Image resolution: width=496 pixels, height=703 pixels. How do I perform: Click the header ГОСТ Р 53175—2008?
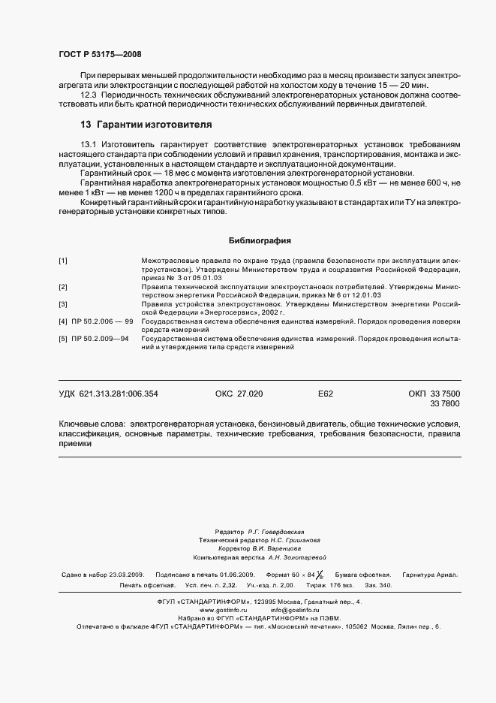pyautogui.click(x=100, y=54)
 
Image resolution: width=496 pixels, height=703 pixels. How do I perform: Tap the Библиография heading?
pyautogui.click(x=260, y=240)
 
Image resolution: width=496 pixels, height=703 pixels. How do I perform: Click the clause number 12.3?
pyautogui.click(x=91, y=95)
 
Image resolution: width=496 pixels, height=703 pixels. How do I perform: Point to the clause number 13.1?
pyautogui.click(x=91, y=143)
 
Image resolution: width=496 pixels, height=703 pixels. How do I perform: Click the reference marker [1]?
pyautogui.click(x=64, y=260)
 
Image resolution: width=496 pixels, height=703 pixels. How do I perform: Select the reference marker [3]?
pyautogui.click(x=64, y=304)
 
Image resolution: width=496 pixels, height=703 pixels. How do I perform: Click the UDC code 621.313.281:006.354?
pyautogui.click(x=121, y=394)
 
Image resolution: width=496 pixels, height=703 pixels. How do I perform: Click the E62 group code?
pyautogui.click(x=326, y=394)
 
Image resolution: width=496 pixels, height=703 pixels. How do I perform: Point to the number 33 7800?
pyautogui.click(x=445, y=404)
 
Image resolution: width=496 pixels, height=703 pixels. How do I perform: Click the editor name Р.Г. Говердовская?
pyautogui.click(x=275, y=530)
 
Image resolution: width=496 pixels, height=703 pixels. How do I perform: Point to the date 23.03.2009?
pyautogui.click(x=126, y=575)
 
